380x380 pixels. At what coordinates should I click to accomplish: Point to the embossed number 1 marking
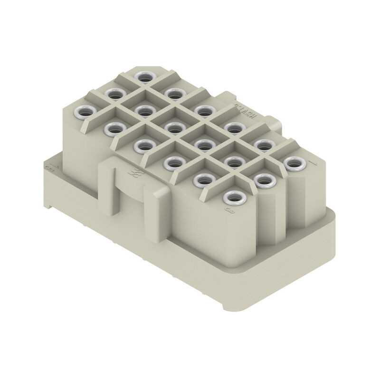point(311,163)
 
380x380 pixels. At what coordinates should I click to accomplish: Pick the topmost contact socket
point(142,76)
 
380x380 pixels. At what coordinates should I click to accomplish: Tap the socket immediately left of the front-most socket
point(204,180)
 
